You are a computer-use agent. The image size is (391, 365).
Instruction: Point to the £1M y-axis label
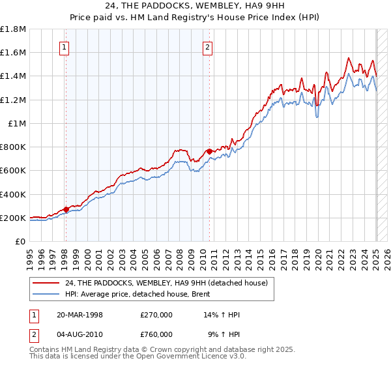(17, 123)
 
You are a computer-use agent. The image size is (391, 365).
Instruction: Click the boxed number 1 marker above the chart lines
(65, 47)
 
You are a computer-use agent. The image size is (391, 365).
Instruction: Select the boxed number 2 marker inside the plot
(207, 47)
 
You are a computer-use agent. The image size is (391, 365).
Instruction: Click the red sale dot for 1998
(66, 210)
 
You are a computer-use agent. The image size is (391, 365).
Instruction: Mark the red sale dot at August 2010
(209, 152)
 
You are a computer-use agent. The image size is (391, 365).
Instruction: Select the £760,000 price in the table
(156, 334)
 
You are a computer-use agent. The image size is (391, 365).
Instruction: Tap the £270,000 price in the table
(156, 315)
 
